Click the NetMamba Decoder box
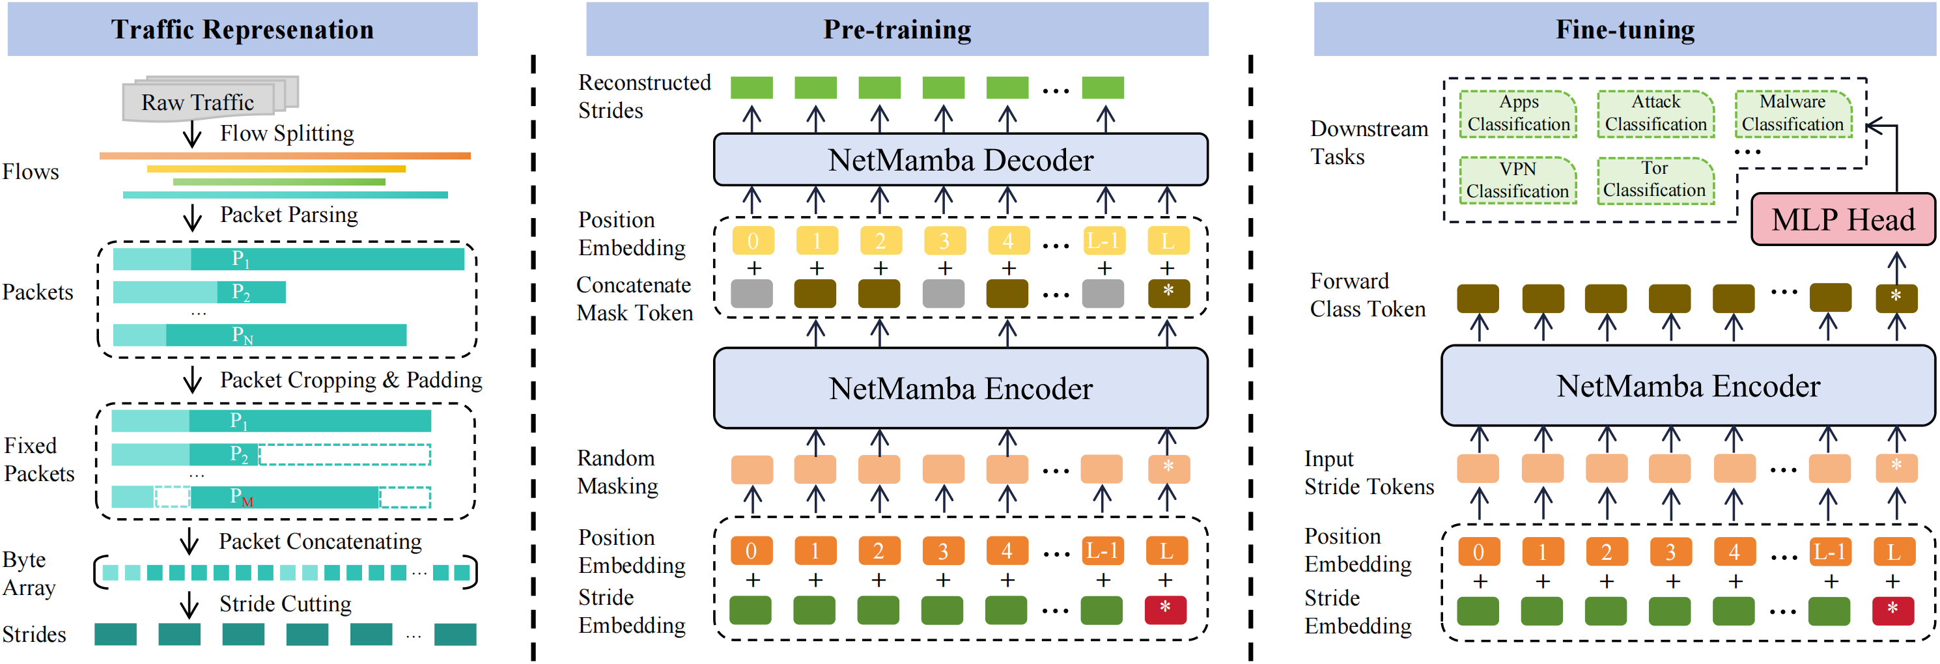tap(960, 159)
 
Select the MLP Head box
tap(1842, 220)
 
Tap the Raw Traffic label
tap(198, 102)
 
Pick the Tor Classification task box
tap(1655, 180)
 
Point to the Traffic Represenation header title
tap(242, 29)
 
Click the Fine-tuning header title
tap(1625, 29)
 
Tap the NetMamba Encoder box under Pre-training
tap(960, 389)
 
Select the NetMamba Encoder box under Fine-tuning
tap(1688, 386)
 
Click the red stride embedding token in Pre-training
tap(1165, 610)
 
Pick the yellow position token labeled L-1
tap(1103, 241)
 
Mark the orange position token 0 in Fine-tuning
tap(1478, 552)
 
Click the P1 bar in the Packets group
tap(288, 260)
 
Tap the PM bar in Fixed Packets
tap(271, 497)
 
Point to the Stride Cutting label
tap(285, 603)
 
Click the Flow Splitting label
tap(286, 133)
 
